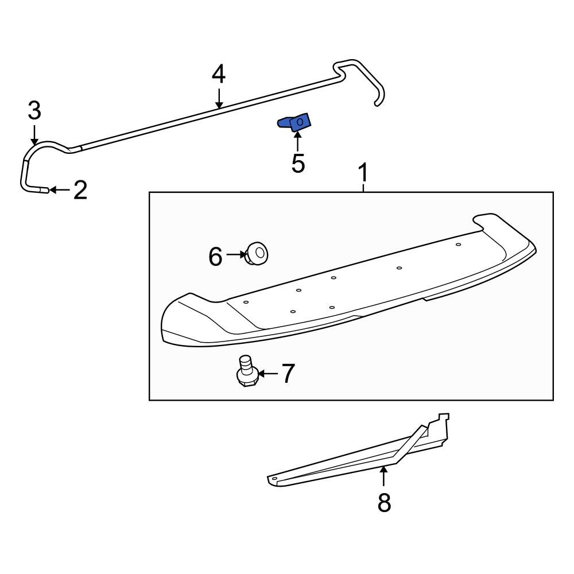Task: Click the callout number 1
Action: [363, 173]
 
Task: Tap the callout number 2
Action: [80, 190]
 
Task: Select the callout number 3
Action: [34, 110]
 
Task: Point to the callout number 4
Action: [219, 74]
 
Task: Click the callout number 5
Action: [298, 162]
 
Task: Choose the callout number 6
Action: [215, 257]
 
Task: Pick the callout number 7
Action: [286, 374]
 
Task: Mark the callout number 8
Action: [384, 503]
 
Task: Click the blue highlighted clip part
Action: [295, 122]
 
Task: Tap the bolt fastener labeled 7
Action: [247, 372]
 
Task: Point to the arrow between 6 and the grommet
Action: [235, 254]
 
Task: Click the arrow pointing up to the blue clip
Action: [297, 141]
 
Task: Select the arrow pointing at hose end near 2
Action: [60, 190]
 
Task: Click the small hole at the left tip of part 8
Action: [274, 478]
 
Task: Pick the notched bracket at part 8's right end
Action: [439, 425]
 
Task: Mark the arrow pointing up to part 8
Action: [384, 478]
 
